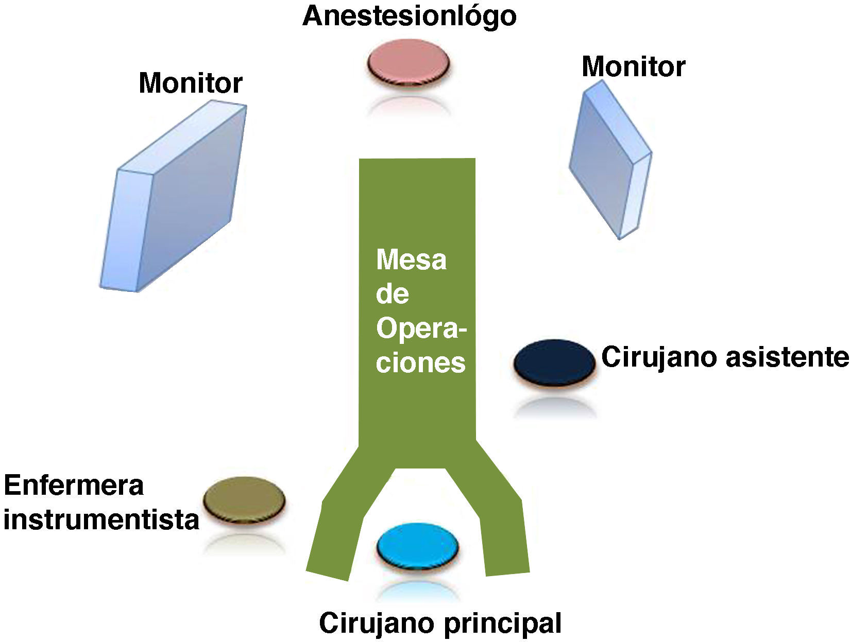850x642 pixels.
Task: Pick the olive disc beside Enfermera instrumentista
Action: (x=244, y=498)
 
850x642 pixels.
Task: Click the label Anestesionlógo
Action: (x=409, y=16)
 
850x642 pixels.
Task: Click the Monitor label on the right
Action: (x=633, y=66)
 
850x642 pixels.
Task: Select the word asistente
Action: (x=786, y=357)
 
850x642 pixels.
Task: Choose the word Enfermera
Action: (x=74, y=485)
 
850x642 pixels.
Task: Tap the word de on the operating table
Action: (x=393, y=294)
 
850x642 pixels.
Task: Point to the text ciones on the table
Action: (x=420, y=362)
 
